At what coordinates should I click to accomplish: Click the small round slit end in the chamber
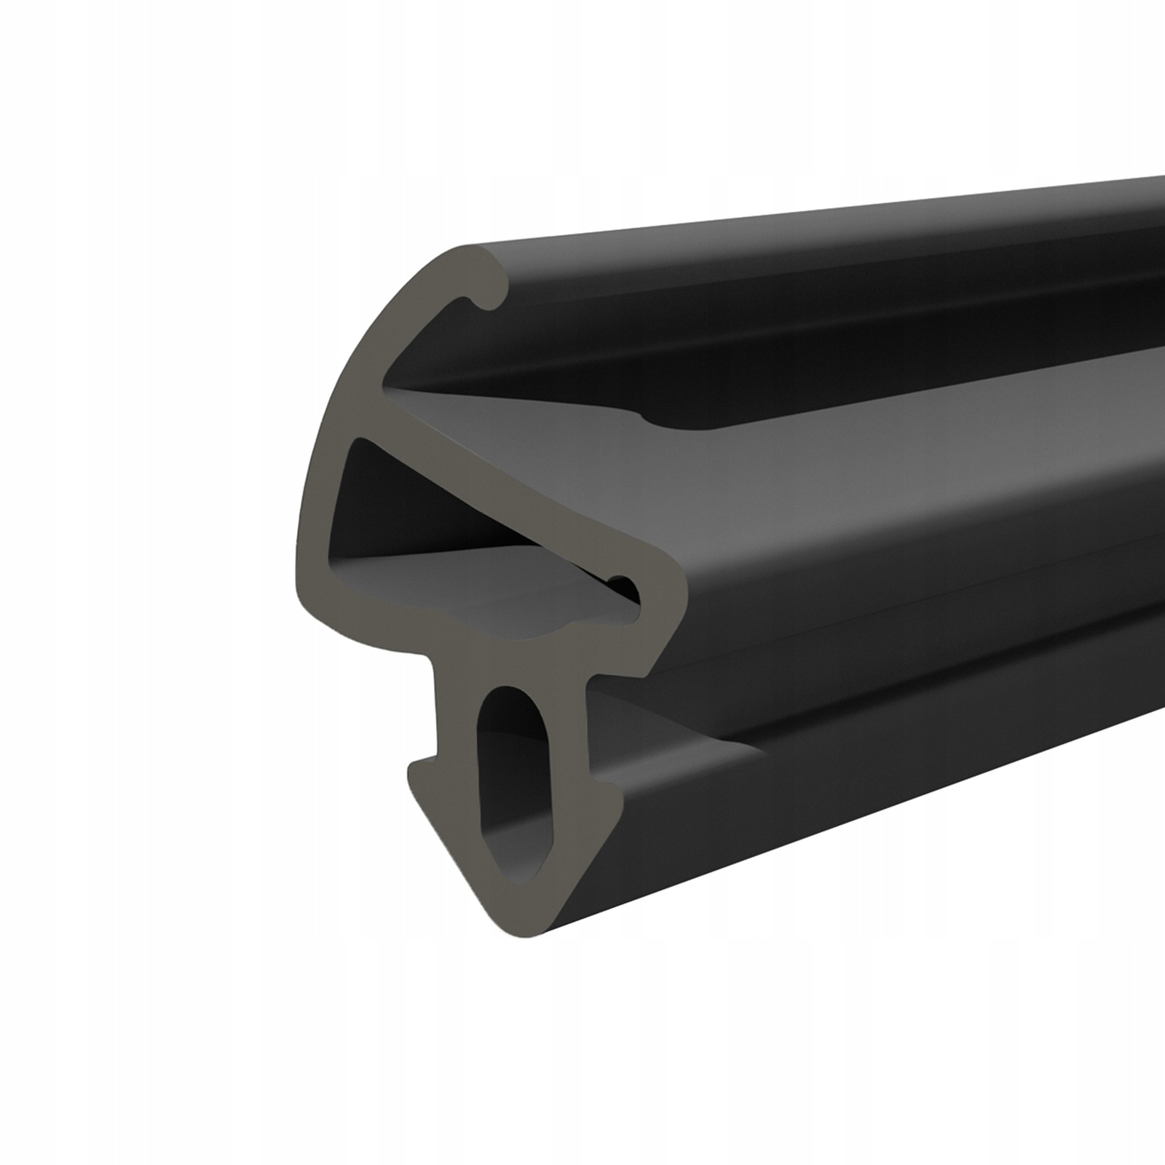point(623,582)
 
